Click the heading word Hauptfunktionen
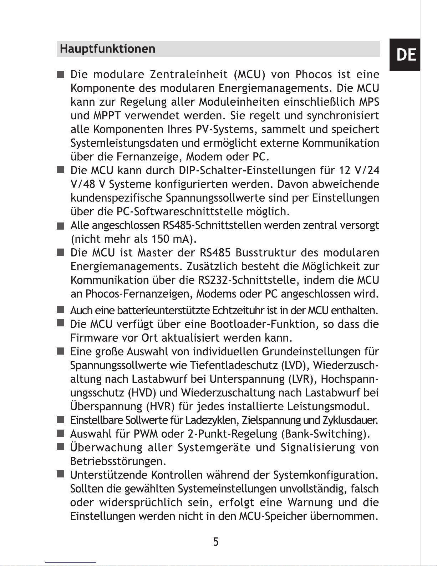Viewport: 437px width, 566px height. (107, 49)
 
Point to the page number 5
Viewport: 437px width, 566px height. (216, 542)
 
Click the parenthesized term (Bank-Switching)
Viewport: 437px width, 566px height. (325, 434)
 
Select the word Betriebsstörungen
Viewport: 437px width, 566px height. (118, 461)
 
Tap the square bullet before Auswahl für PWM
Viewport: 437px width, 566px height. (60, 434)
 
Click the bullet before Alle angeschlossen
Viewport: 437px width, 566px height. (60, 226)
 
